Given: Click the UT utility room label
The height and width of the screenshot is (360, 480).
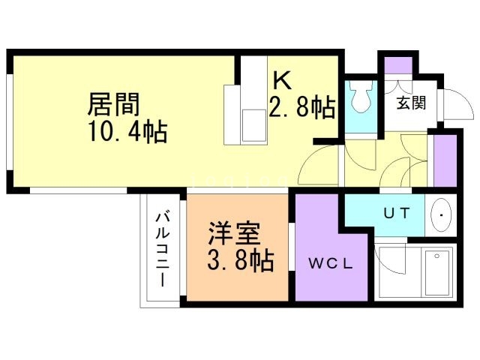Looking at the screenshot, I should click(397, 213).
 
